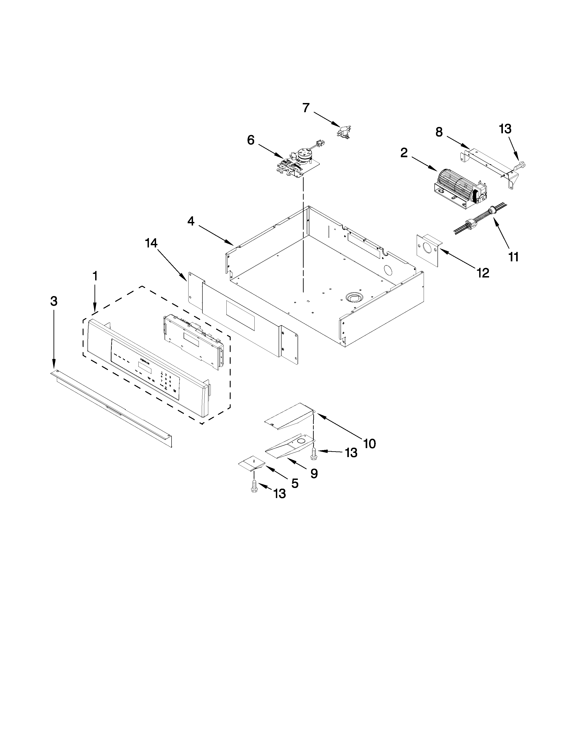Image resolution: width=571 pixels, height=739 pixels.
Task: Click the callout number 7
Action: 306,108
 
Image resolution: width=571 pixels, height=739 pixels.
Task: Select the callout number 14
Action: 151,243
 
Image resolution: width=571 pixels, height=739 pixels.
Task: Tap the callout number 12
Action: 483,273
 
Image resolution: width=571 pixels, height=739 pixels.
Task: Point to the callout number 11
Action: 513,257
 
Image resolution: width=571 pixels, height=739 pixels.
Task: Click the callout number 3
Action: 54,301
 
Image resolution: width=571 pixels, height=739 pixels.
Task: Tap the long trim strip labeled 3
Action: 112,408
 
